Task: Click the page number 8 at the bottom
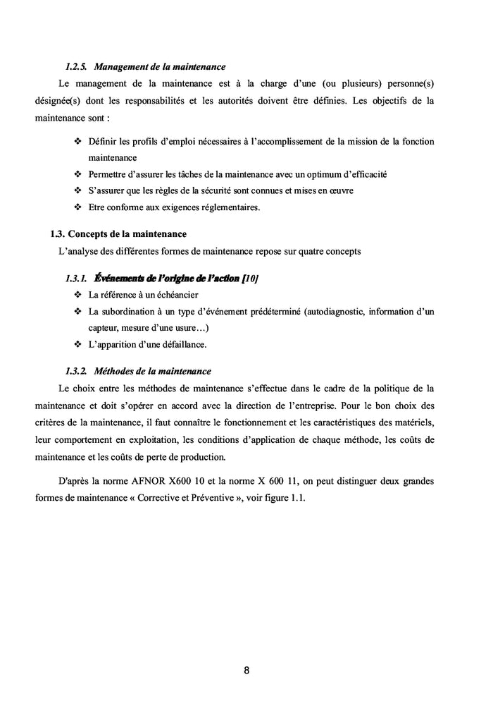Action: [246, 670]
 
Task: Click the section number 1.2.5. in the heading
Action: [76, 67]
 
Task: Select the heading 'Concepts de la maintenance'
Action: [127, 233]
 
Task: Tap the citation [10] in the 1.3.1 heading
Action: [249, 279]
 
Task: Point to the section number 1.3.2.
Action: [76, 371]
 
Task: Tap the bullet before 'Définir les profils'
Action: [77, 142]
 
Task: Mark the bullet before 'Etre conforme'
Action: [77, 207]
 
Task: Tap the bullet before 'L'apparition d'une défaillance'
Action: [77, 345]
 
